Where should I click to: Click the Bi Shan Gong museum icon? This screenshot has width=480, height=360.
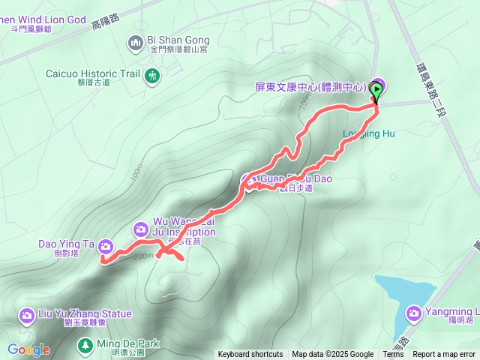point(136,40)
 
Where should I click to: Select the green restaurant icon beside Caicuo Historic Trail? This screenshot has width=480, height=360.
point(153,75)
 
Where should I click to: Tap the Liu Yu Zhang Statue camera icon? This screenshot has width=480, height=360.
point(28,314)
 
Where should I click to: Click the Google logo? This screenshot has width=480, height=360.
point(28,349)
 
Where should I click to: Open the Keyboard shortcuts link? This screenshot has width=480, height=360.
point(250,355)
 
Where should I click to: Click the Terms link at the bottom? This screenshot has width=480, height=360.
point(393,355)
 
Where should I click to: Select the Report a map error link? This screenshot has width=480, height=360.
point(444,355)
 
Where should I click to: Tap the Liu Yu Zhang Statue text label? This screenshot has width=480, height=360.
point(85,313)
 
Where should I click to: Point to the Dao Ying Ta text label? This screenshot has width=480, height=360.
point(66,244)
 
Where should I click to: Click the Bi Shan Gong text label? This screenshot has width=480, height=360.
point(178,40)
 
